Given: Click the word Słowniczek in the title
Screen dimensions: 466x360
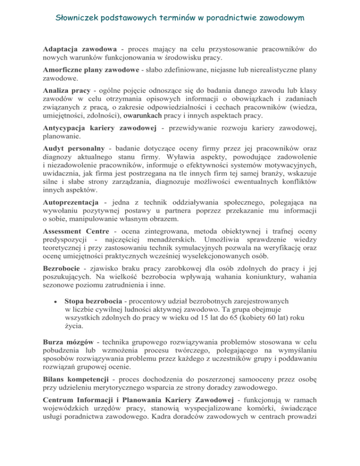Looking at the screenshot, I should click(78, 18).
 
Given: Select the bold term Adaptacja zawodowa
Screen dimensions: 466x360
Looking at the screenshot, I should click(80, 49).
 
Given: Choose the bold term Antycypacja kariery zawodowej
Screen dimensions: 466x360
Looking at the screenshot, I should click(108, 129).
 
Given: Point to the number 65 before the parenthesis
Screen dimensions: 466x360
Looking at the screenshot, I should click(236, 317).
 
